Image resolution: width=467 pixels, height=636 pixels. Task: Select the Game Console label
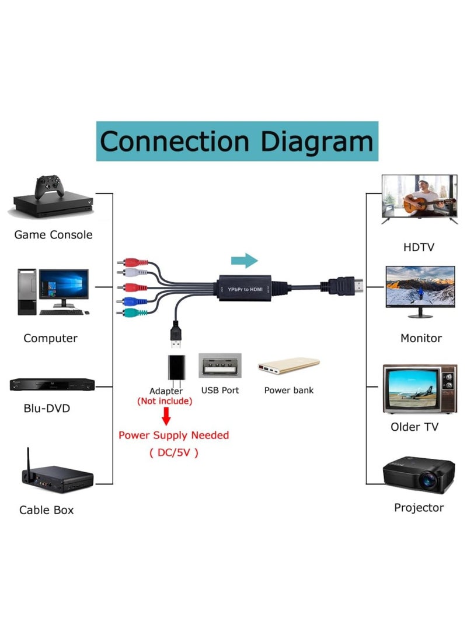53,235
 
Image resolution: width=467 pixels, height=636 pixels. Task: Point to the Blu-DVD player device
52,384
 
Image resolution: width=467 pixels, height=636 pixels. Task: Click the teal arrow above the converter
244,261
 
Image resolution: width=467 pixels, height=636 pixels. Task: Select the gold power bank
288,366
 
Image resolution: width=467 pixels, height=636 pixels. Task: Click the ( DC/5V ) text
173,452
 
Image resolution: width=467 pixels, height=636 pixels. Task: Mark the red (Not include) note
164,402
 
